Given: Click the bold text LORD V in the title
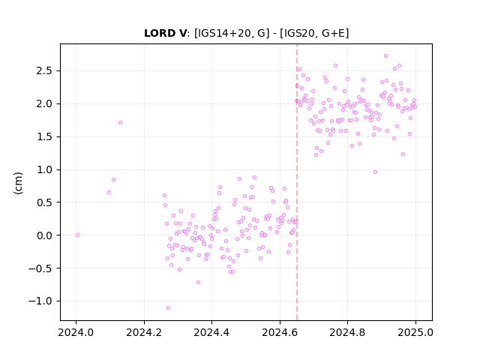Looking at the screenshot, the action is (x=165, y=33).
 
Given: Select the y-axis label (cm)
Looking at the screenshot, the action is (x=18, y=183).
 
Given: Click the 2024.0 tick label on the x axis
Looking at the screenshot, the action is (x=76, y=332).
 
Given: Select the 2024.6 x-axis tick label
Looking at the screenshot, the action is (x=280, y=332).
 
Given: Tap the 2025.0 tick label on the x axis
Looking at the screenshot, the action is (x=415, y=332).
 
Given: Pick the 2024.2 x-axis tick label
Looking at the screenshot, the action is (x=144, y=332).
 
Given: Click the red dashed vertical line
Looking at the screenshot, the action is (x=297, y=182).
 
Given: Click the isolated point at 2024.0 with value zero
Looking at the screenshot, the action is (x=77, y=235).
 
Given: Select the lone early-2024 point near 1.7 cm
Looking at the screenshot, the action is (x=120, y=123).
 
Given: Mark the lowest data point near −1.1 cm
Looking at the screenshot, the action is (x=168, y=308).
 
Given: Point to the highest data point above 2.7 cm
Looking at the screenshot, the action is (x=385, y=56).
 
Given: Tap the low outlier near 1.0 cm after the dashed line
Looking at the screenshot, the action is (x=375, y=172).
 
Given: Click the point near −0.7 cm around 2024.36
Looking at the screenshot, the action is (x=198, y=282).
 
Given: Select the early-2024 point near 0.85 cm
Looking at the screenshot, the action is (x=113, y=180).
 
